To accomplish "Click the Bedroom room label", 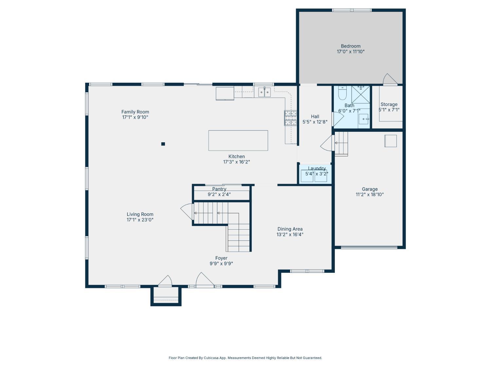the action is [351, 46].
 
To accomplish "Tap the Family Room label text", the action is [135, 112].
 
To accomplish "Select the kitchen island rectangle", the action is [238, 141].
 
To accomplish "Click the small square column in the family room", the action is [163, 144].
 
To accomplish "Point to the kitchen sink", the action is [264, 92].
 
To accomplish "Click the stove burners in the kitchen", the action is [291, 118].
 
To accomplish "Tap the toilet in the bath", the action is [342, 93].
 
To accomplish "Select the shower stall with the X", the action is [361, 95].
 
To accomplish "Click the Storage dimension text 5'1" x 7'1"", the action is [389, 110].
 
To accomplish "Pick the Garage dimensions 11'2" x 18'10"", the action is [370, 195].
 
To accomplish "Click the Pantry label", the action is [219, 189].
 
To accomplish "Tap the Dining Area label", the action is [290, 229].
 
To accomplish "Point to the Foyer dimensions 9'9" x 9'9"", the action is [221, 264].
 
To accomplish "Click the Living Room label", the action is [140, 214].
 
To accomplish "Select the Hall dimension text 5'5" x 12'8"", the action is [315, 122].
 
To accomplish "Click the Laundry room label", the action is [317, 168].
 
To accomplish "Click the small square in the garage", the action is [391, 141].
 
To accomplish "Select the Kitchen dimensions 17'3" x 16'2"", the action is [236, 162].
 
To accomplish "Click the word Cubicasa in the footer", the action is [211, 358].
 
